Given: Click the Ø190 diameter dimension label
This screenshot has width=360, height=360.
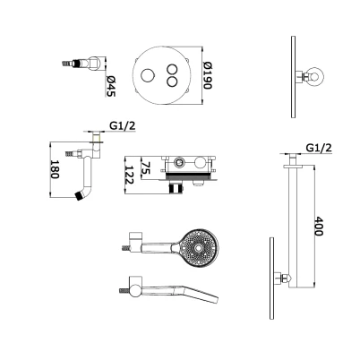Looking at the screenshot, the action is pos(207,76).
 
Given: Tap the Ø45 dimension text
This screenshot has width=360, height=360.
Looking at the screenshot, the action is pos(111,86).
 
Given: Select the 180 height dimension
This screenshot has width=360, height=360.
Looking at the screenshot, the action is pos(55,169).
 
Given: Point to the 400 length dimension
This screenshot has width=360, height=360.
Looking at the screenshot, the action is pos(319,226).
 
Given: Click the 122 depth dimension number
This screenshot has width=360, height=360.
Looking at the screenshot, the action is pos(129,175).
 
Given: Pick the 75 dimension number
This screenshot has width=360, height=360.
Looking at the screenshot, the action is pos(145,167).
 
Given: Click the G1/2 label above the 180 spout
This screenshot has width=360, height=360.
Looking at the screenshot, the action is pos(123,125).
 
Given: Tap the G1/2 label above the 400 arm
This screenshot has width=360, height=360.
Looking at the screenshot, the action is pos(319,148).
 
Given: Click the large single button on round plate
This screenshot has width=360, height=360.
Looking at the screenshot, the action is pos(147,75).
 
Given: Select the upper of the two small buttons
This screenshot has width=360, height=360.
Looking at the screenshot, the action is pos(172,70).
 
